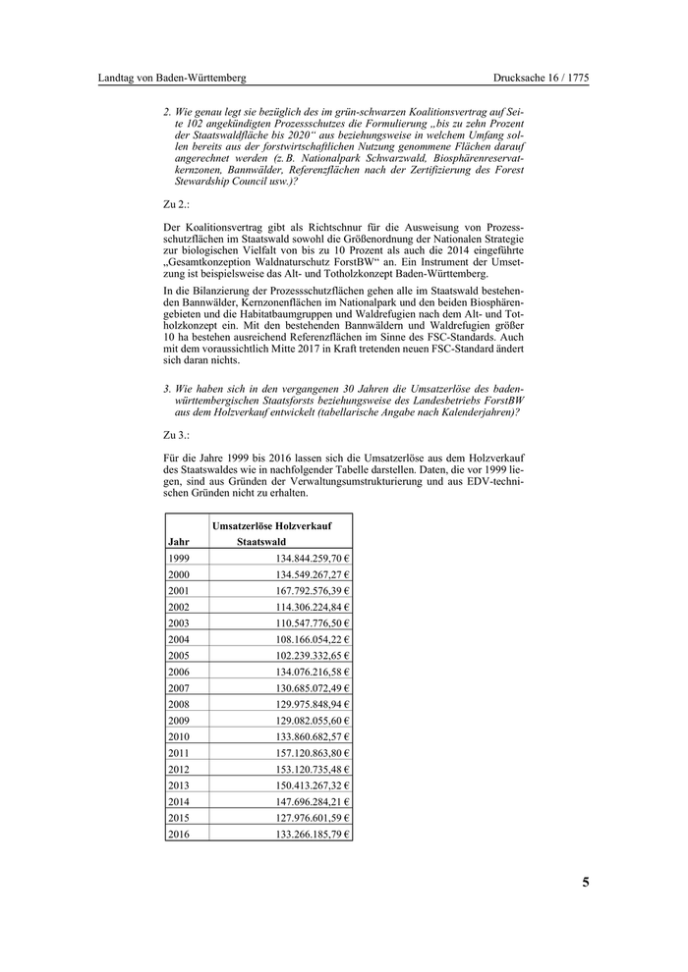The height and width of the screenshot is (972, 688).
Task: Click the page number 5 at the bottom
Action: (586, 882)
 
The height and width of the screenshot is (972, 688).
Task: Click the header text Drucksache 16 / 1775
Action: (541, 78)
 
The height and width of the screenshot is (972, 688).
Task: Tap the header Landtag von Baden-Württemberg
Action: (172, 78)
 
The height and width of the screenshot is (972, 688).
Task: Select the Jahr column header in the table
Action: (179, 541)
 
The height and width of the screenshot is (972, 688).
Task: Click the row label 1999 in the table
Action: (179, 558)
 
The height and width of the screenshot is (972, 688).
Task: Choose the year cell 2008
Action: (179, 704)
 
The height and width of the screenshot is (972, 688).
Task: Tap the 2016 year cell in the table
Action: (179, 835)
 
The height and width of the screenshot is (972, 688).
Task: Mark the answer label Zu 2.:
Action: (176, 204)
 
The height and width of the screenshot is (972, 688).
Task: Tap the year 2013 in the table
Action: (179, 785)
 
